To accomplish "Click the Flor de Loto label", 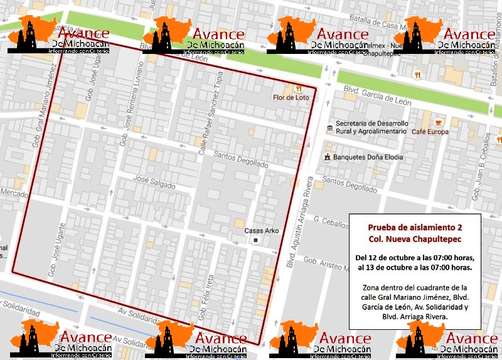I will tap(291, 97).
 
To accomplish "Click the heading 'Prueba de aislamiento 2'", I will tap(414, 226).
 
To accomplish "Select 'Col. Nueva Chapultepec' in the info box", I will tap(414, 240).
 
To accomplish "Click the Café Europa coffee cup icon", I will tap(437, 120).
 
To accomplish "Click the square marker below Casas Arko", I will tap(255, 241).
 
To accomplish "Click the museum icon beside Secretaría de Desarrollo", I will tap(329, 129).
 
